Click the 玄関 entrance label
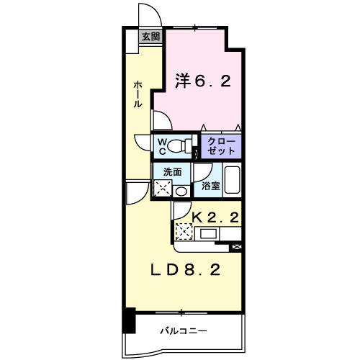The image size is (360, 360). coord(150,37)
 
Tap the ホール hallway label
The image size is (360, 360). coord(137,94)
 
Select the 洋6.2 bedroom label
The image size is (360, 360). coord(203,81)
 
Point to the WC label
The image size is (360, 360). coord(162,146)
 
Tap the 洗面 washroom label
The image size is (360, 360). coord(171,172)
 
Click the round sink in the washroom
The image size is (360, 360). coord(181,191)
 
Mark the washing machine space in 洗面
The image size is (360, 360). coord(163,189)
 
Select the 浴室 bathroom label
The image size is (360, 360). coord(210,186)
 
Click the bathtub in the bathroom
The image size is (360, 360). coord(232,180)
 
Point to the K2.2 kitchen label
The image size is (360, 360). coord(214,215)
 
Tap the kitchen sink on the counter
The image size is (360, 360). coord(210,233)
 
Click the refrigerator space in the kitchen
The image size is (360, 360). coord(184,232)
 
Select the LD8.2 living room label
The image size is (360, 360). coord(185,270)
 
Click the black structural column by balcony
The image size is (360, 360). coord(128,320)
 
